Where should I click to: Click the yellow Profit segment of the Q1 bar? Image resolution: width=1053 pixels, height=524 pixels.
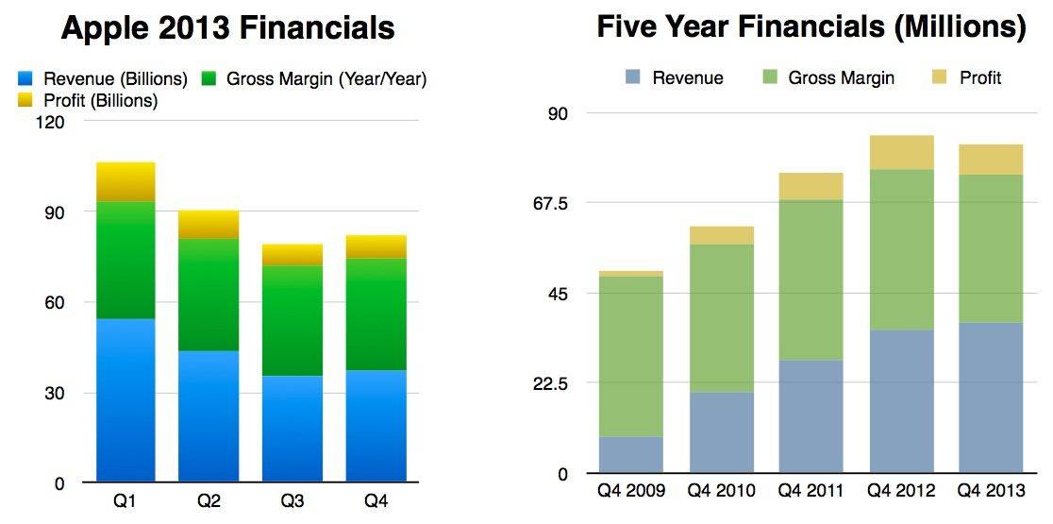pyautogui.click(x=125, y=181)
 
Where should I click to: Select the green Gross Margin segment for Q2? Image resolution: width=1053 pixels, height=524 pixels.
pyautogui.click(x=209, y=295)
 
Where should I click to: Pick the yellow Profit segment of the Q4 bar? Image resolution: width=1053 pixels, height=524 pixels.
pyautogui.click(x=376, y=246)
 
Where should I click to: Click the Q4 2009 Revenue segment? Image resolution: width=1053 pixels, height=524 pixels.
pyautogui.click(x=631, y=455)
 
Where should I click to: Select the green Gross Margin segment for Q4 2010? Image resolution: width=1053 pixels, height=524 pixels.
pyautogui.click(x=722, y=318)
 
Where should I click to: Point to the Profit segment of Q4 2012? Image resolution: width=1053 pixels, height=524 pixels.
pyautogui.click(x=902, y=152)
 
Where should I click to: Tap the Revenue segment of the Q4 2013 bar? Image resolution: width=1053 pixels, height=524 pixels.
pyautogui.click(x=991, y=397)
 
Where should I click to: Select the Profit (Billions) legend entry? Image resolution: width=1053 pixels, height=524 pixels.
pyautogui.click(x=87, y=99)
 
